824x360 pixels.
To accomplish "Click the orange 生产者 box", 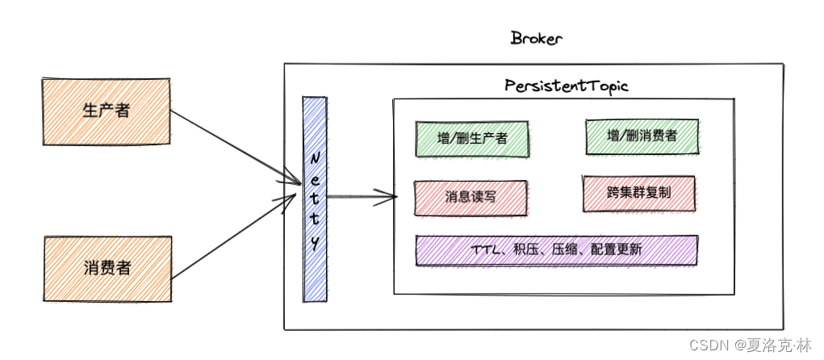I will pos(106,112).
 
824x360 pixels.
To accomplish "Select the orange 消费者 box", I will pos(106,269).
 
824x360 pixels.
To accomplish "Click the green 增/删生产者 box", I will pos(472,138).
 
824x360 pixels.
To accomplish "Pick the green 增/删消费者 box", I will pos(642,136).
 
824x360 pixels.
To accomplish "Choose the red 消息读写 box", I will pos(472,198).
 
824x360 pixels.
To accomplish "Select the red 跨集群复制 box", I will pos(638,194).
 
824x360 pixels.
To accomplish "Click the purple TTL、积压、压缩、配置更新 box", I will pos(556,250).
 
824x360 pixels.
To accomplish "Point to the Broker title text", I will pos(536,38).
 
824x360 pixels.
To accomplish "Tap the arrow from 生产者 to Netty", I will pos(234,146).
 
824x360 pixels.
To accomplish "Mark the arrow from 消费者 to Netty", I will pos(234,237).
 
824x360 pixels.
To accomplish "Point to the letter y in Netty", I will pos(315,242).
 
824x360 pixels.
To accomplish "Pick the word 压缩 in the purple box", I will pos(563,250).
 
